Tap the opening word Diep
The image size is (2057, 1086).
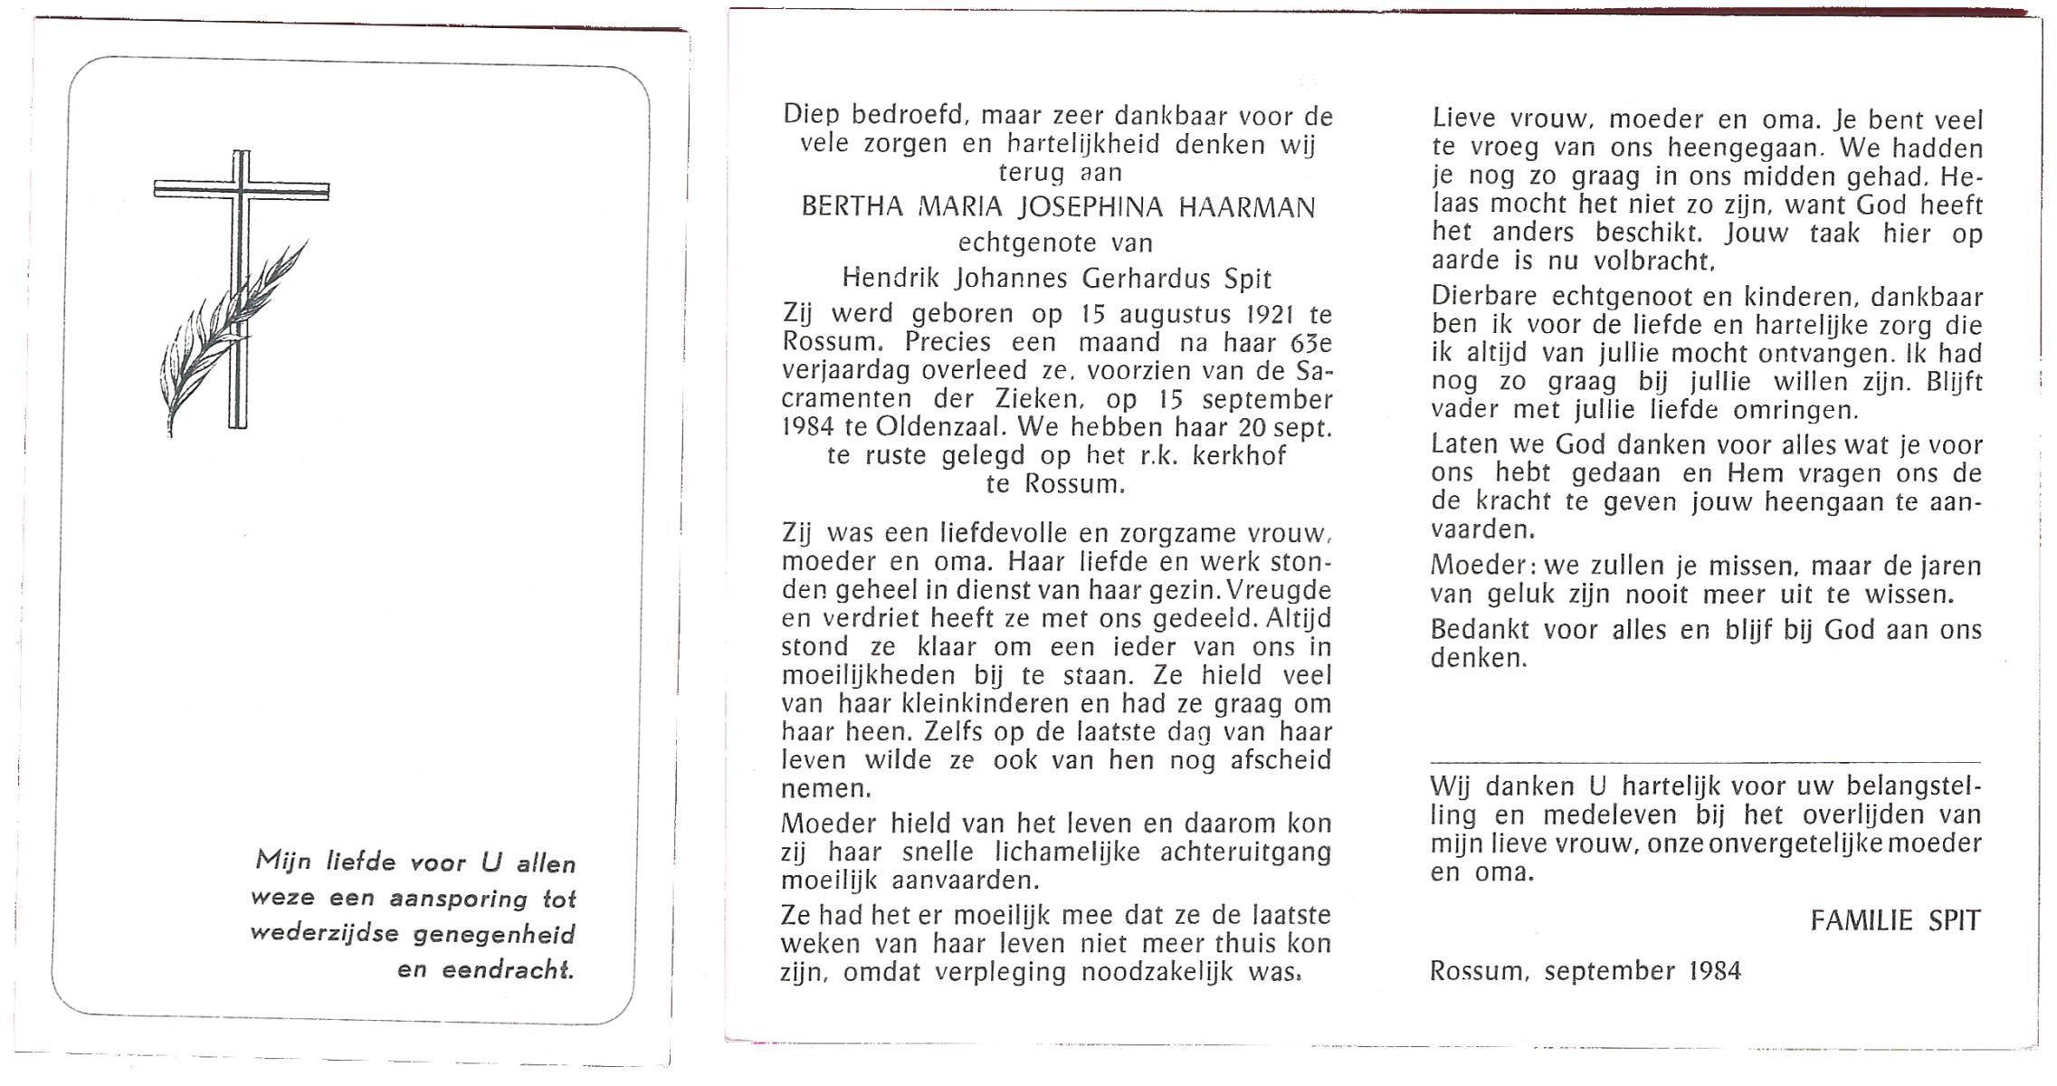811,115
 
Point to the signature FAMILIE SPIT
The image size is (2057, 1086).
1895,920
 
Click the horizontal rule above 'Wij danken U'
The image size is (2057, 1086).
1705,763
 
